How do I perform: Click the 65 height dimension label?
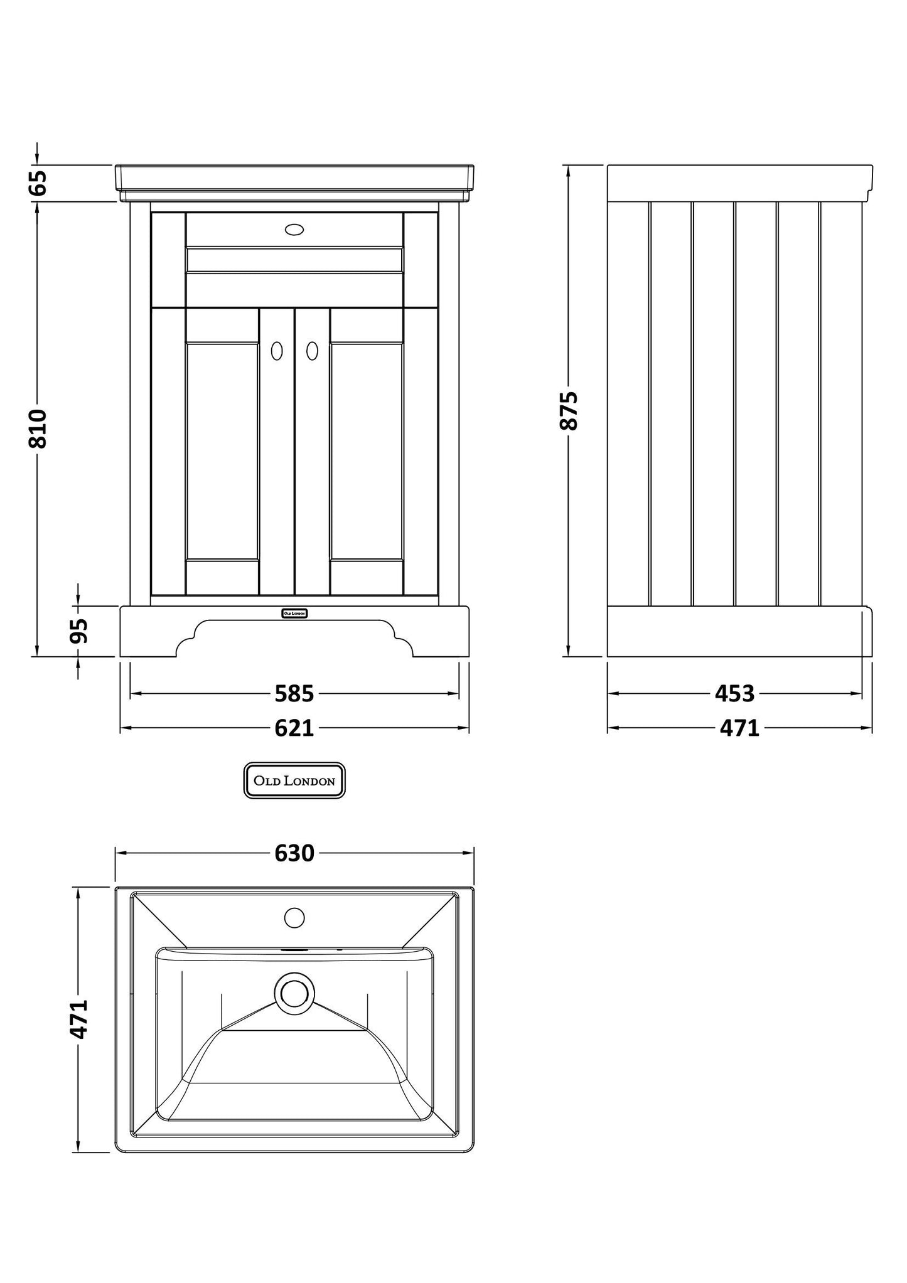[x=38, y=183]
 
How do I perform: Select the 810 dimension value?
[x=38, y=428]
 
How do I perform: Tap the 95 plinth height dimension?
[x=78, y=631]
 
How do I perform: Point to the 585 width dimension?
[x=294, y=694]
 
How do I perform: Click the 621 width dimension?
[x=294, y=728]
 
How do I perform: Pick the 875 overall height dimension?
[x=568, y=410]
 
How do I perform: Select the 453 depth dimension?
[x=734, y=694]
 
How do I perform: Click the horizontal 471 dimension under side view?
[x=739, y=728]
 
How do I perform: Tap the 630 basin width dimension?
[x=294, y=853]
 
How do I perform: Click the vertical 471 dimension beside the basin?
[x=78, y=1019]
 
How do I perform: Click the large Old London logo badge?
[x=294, y=781]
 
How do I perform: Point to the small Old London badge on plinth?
[x=294, y=613]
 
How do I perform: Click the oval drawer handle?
[x=294, y=230]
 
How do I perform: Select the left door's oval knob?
[x=277, y=351]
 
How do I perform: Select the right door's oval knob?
[x=312, y=351]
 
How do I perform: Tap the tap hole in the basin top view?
[x=294, y=918]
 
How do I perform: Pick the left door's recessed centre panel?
[x=222, y=450]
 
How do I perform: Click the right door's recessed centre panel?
[x=366, y=450]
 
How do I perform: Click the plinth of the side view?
[x=739, y=632]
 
